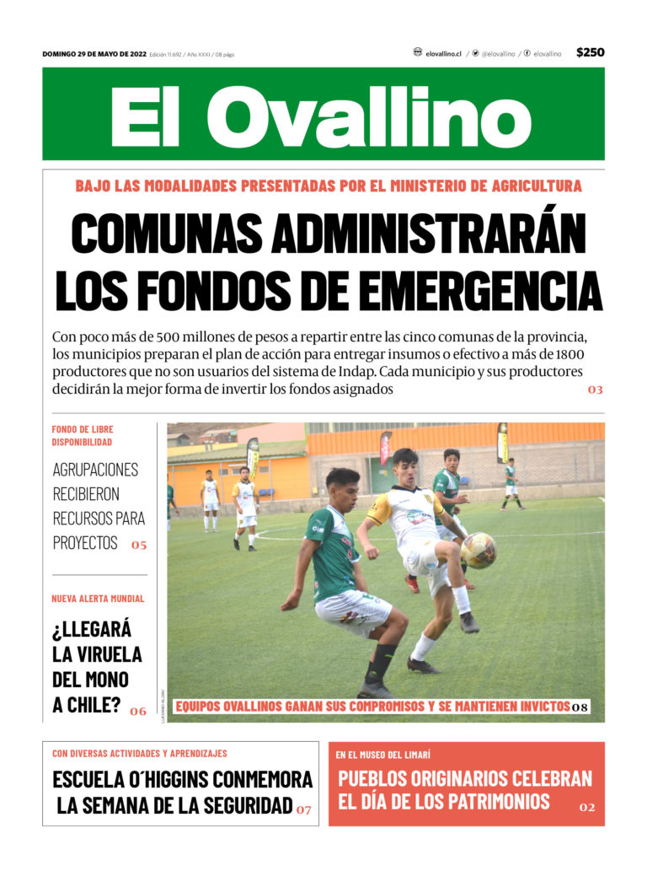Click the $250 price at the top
(x=590, y=52)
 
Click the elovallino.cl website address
(x=443, y=53)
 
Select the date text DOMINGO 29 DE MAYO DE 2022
(x=94, y=54)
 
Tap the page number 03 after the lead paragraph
(x=596, y=390)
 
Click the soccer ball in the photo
(x=479, y=550)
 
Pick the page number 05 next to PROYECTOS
(x=139, y=545)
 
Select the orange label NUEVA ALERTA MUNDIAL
(x=98, y=599)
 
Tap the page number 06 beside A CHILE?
(x=138, y=711)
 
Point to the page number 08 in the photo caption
(x=580, y=707)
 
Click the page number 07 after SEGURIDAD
(x=303, y=809)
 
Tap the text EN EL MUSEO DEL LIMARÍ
(x=383, y=755)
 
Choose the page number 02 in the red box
(x=587, y=807)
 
